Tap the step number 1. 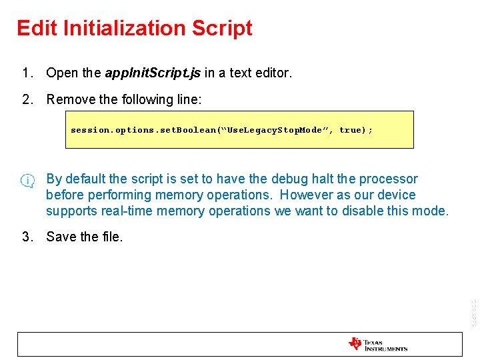(x=26, y=73)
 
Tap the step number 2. (x=26, y=99)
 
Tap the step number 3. (x=26, y=237)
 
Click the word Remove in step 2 (x=72, y=99)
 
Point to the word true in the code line (x=350, y=130)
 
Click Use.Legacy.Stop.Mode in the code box (x=275, y=130)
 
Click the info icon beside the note (x=27, y=180)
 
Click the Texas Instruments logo (x=377, y=344)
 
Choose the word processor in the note (x=388, y=179)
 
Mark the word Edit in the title (x=33, y=28)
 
